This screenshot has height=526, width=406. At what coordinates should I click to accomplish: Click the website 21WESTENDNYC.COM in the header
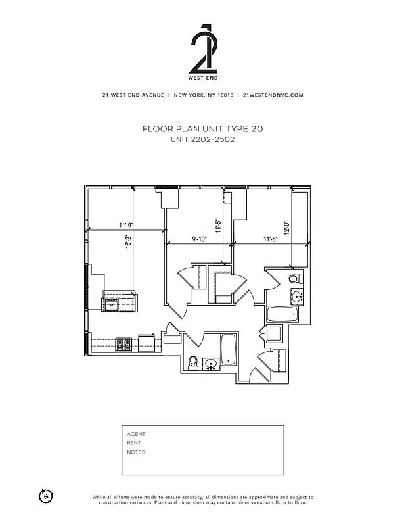click(x=273, y=95)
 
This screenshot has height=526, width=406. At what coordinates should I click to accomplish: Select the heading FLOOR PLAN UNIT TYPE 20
click(x=202, y=130)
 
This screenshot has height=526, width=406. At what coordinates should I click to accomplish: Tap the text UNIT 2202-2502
click(x=202, y=139)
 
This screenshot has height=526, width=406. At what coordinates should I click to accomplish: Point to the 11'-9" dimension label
click(x=126, y=226)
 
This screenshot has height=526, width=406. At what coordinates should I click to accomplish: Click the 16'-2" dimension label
click(x=129, y=241)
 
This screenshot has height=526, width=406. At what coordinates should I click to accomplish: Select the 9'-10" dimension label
click(x=198, y=239)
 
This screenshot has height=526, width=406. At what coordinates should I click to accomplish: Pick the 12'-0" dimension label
click(x=286, y=227)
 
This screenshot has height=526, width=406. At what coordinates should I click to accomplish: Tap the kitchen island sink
click(x=112, y=304)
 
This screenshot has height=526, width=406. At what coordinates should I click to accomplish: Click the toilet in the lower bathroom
click(x=193, y=362)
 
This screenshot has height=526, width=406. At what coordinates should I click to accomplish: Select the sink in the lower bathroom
click(x=212, y=364)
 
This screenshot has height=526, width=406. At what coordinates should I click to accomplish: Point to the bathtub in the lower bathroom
click(x=228, y=350)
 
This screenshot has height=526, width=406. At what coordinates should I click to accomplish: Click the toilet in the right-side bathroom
click(x=295, y=279)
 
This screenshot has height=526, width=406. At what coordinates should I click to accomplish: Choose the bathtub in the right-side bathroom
click(x=283, y=314)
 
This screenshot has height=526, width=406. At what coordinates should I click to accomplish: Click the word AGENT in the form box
click(x=136, y=434)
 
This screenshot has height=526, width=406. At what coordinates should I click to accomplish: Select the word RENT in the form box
click(x=134, y=443)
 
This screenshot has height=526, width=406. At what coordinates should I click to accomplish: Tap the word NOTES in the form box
click(x=136, y=452)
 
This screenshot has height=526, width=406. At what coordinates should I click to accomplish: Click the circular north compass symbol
click(x=45, y=495)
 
